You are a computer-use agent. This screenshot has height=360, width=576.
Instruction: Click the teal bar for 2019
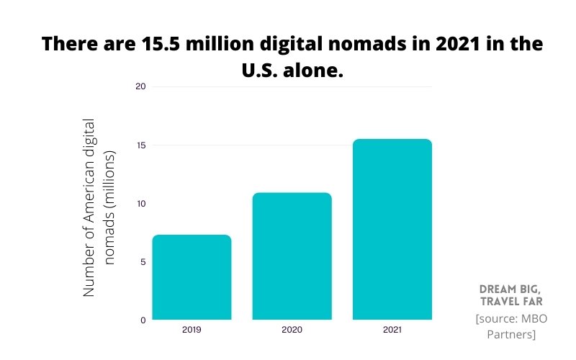(192, 277)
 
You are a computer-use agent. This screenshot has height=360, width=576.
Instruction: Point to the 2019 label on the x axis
(192, 330)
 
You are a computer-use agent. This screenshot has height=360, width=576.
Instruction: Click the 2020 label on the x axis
(292, 330)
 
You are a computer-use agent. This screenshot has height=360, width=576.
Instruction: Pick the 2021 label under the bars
(392, 330)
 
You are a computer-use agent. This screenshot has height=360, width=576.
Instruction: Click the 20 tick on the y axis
(140, 86)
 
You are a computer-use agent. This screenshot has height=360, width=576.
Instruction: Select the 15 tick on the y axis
(140, 145)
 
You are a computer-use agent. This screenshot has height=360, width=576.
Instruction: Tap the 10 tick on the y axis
(140, 204)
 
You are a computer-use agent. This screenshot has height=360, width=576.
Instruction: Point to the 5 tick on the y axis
(142, 262)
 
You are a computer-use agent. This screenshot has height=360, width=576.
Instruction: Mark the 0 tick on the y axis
(142, 320)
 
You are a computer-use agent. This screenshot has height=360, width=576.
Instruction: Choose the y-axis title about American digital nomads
(99, 207)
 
